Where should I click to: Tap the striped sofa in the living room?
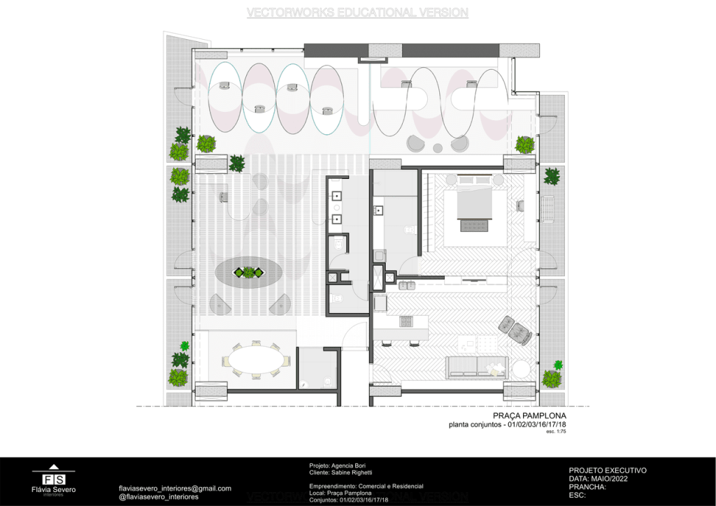click(476, 366)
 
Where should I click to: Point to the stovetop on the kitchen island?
click(407, 321)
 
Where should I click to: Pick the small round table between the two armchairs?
click(438, 147)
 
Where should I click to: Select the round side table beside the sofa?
click(522, 368)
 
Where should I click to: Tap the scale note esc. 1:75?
click(556, 432)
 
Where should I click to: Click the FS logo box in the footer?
click(54, 479)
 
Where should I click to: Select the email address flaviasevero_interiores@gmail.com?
click(175, 489)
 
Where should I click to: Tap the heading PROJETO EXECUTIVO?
click(608, 470)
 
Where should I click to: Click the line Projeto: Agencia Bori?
click(337, 465)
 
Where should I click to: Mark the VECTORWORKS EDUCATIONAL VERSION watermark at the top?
click(357, 13)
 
